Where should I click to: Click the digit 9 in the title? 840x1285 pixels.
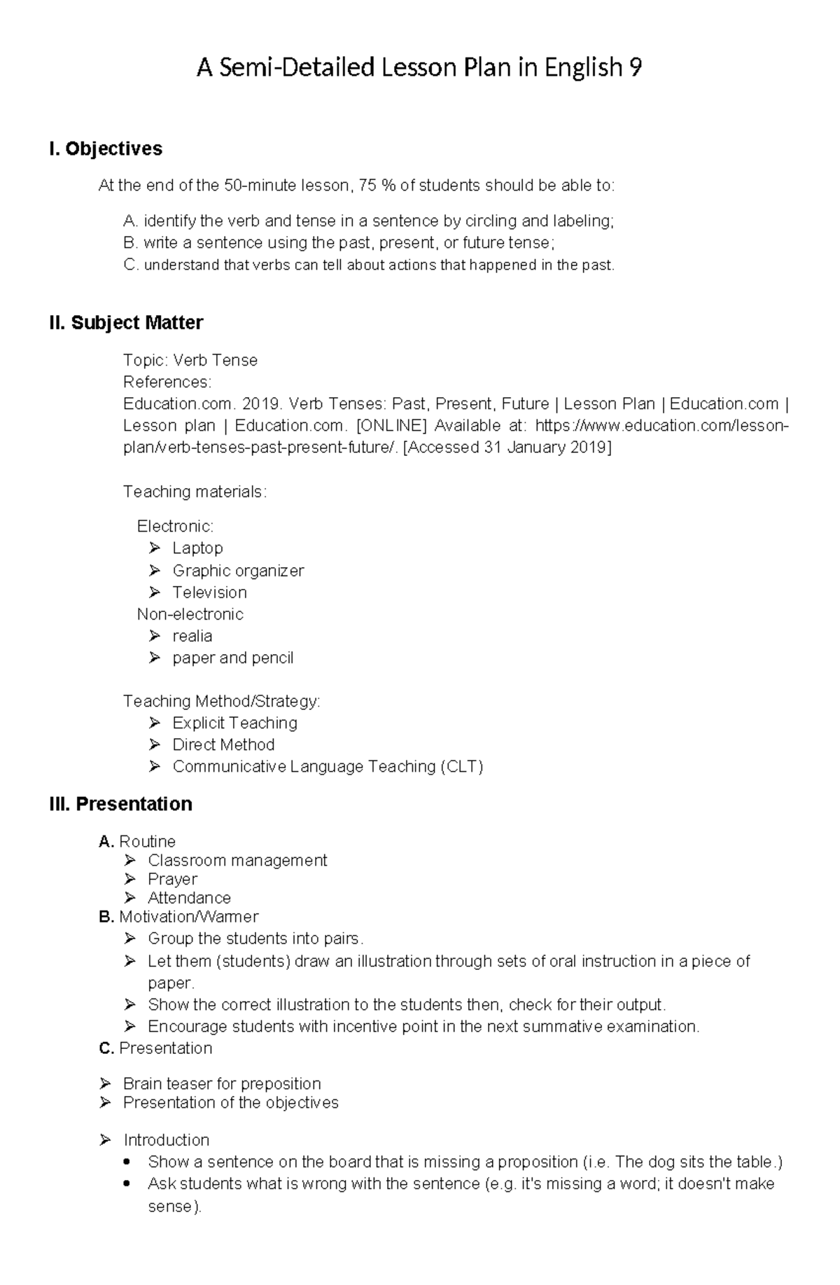(635, 68)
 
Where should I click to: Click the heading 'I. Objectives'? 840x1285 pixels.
(106, 148)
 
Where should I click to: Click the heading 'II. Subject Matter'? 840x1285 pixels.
(126, 323)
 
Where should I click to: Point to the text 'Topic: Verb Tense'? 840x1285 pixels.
(190, 360)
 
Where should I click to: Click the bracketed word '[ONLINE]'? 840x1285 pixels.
(391, 426)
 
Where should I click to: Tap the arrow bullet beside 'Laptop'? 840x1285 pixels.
(155, 548)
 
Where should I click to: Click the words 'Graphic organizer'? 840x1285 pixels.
(238, 571)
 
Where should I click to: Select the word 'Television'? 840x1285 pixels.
(209, 592)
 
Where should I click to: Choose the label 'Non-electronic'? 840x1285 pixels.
(190, 614)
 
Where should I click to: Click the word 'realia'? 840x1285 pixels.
(192, 636)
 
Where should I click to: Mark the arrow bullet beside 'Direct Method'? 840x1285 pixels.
(155, 744)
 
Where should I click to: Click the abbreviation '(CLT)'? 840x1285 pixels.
(461, 767)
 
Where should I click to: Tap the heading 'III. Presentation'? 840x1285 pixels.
(120, 804)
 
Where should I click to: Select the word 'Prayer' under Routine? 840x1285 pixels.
(172, 879)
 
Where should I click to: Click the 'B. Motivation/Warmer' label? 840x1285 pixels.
(179, 917)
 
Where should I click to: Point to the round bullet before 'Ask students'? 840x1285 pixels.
(127, 1184)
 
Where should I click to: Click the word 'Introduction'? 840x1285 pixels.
(167, 1140)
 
